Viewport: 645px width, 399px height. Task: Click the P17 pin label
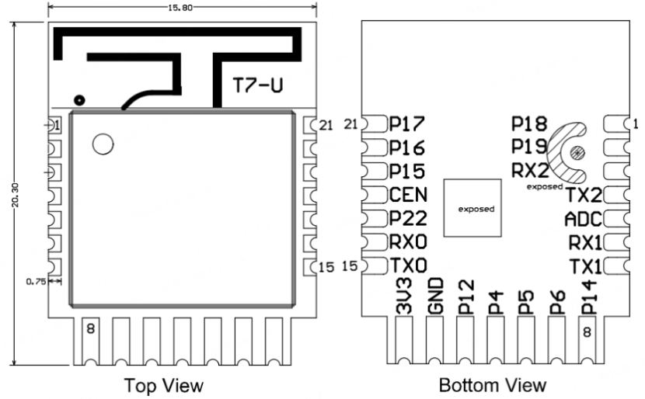click(x=407, y=124)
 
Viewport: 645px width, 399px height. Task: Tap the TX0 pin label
click(x=408, y=265)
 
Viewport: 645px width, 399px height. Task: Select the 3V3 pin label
click(x=404, y=297)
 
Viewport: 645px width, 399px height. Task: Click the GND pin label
click(x=435, y=295)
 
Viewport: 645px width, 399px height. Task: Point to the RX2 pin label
click(x=530, y=170)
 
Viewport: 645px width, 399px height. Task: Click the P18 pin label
click(x=530, y=124)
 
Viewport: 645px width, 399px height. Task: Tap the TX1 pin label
click(x=584, y=265)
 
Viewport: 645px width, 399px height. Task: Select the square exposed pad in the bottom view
click(x=474, y=208)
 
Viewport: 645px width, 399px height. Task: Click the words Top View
click(x=164, y=385)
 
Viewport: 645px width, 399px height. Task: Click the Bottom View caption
click(x=492, y=385)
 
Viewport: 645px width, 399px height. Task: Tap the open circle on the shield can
click(x=102, y=144)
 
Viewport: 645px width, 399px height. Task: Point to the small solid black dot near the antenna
click(x=78, y=99)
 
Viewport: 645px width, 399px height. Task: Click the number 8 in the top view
click(x=91, y=329)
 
